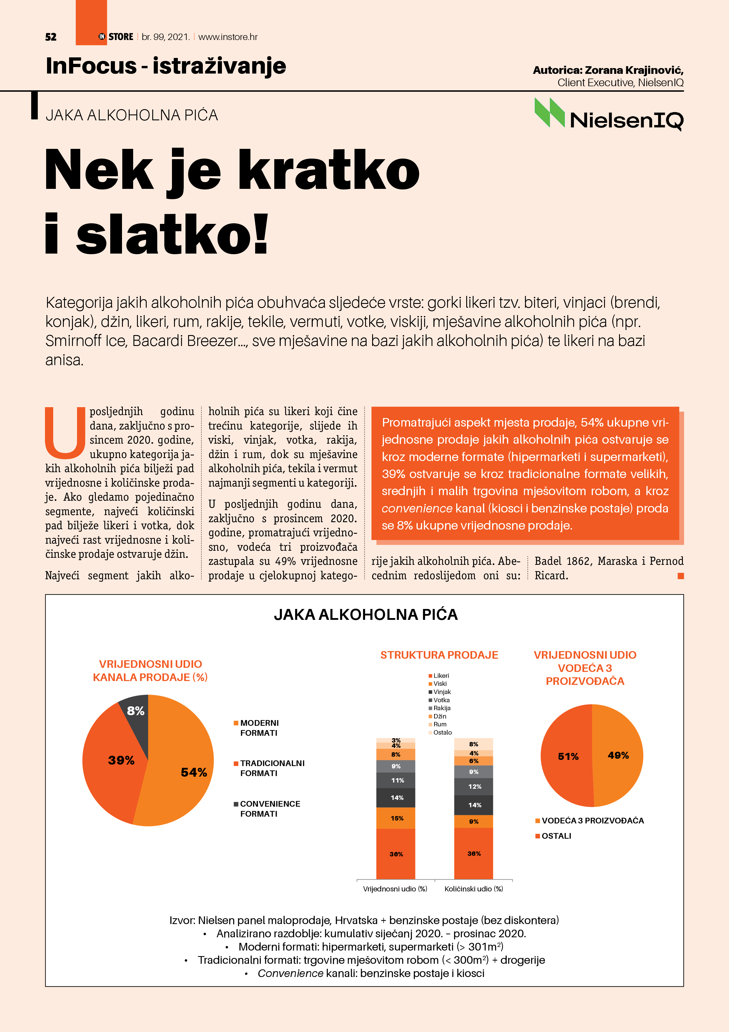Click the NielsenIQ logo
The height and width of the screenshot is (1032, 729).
(608, 115)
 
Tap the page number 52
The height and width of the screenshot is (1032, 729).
(51, 37)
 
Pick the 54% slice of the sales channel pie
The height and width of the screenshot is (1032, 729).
(184, 773)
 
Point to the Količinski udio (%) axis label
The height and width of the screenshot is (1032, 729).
(474, 889)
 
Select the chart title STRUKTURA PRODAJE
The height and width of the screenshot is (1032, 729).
(439, 655)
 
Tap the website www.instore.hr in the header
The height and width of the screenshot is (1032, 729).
(228, 37)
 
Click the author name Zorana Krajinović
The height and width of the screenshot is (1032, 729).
(633, 70)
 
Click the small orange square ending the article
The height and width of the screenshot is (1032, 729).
(680, 576)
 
